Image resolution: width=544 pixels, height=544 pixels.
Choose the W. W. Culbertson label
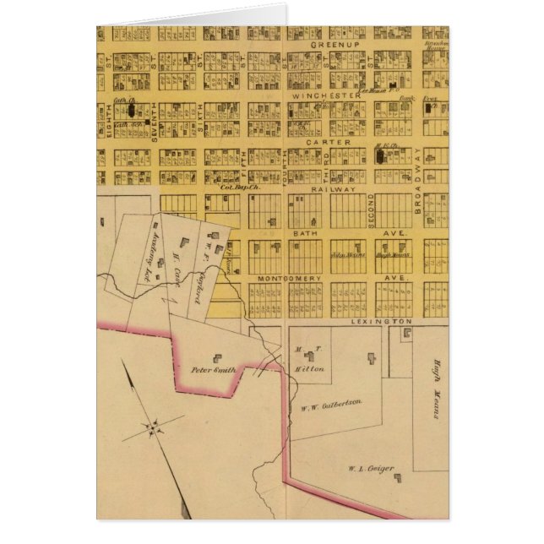(331, 404)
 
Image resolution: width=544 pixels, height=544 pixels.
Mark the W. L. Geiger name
(371, 468)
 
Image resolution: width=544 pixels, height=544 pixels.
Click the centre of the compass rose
(153, 429)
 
